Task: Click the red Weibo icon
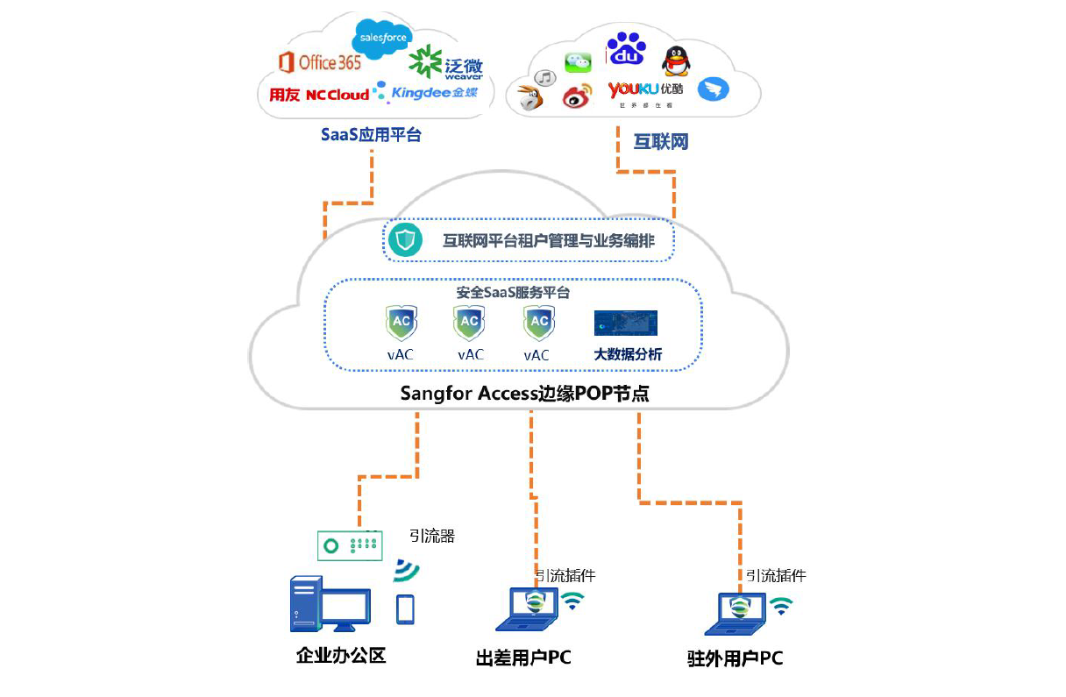[x=577, y=97]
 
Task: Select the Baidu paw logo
[x=626, y=50]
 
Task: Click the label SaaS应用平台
[x=371, y=135]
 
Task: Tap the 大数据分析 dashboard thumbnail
[x=626, y=323]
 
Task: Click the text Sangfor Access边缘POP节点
[x=524, y=394]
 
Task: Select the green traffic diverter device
[x=350, y=544]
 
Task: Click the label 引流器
[x=432, y=536]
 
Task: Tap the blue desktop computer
[x=329, y=603]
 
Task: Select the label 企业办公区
[x=341, y=656]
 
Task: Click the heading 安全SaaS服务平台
[x=514, y=293]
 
